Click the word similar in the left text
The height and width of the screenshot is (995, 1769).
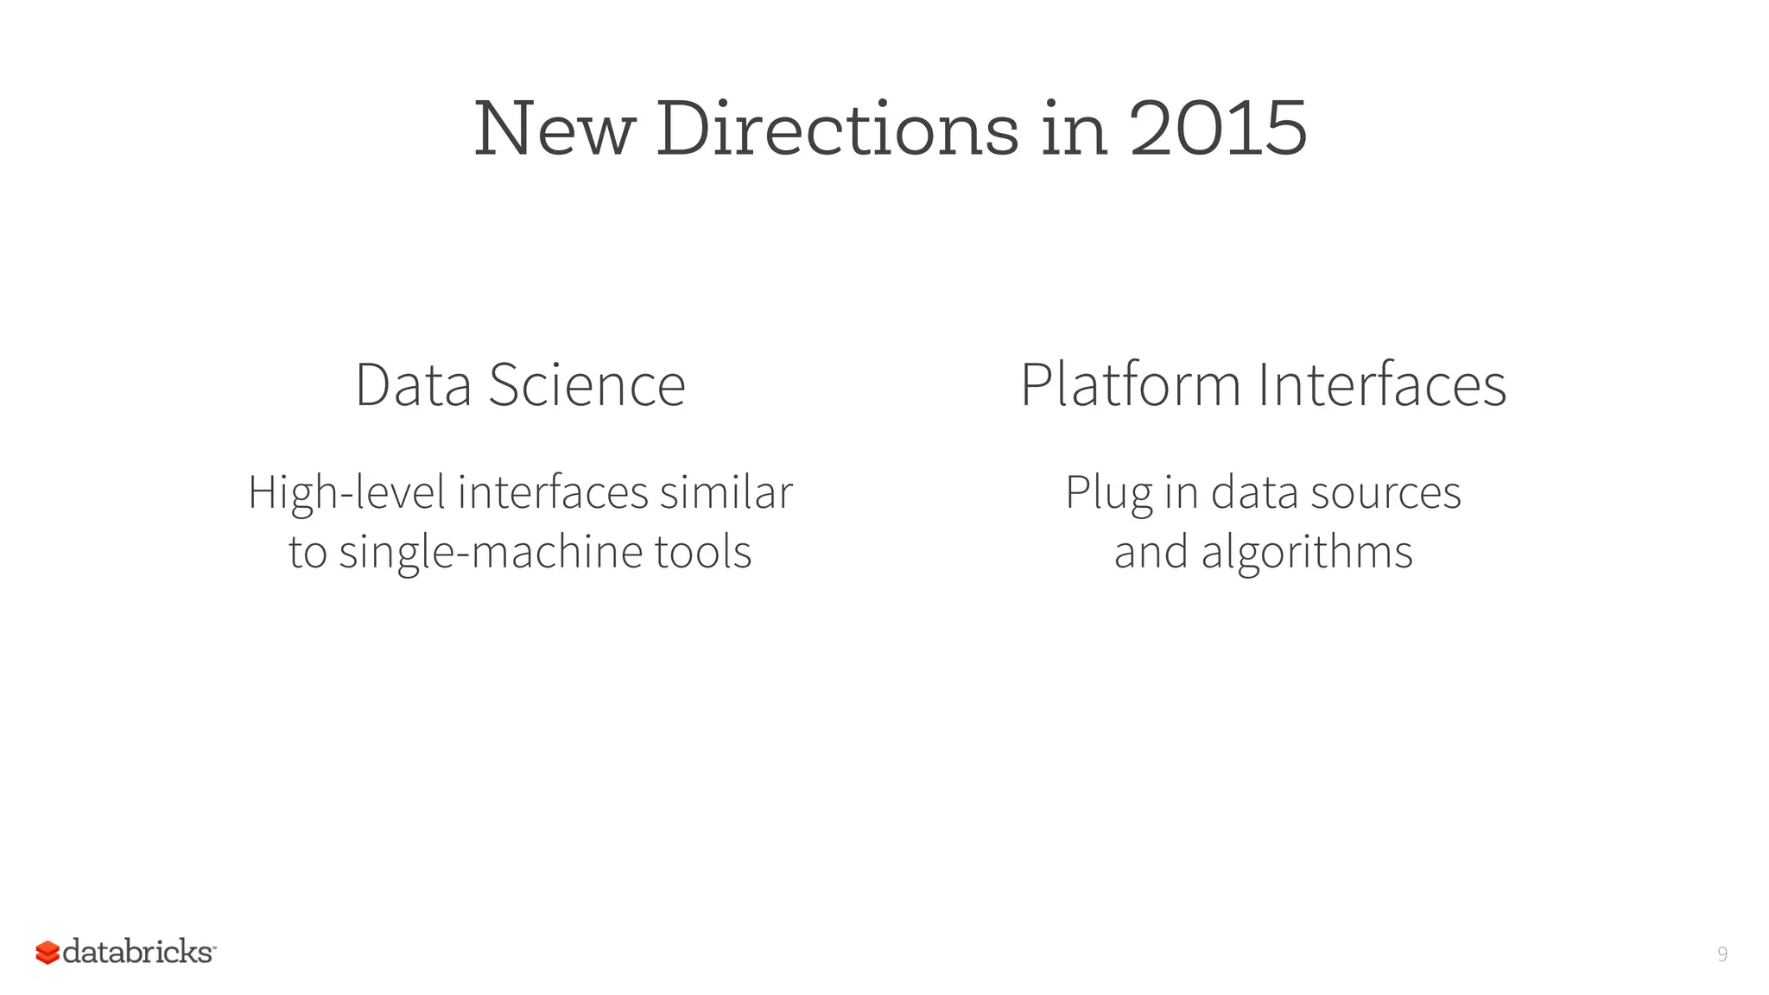click(726, 492)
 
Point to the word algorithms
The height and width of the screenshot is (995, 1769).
click(1307, 553)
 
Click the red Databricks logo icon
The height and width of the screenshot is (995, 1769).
click(48, 953)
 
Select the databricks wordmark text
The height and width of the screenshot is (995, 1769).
click(138, 952)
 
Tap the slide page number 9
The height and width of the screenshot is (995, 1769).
click(1722, 954)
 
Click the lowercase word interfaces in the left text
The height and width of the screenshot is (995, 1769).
click(553, 492)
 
